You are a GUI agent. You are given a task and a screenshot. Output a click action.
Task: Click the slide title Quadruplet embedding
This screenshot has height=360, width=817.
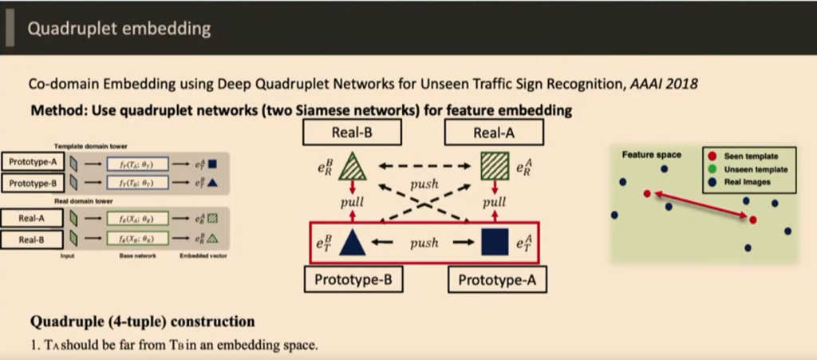click(119, 29)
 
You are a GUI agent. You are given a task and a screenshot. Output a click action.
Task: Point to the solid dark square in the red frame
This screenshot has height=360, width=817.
click(495, 242)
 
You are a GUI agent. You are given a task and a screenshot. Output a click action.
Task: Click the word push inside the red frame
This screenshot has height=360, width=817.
click(424, 243)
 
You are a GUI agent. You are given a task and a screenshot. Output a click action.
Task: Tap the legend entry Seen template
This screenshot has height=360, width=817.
click(749, 156)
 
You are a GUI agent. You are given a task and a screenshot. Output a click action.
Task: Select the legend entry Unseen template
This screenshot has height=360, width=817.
click(753, 169)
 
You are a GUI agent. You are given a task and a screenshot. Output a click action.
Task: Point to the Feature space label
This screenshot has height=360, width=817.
click(651, 154)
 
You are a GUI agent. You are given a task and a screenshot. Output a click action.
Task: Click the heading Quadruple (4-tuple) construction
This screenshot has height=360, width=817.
click(142, 322)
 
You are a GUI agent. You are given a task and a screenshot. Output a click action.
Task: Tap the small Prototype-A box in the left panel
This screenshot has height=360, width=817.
click(32, 162)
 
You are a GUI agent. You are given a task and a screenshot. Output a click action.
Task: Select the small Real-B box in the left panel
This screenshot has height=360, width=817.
click(32, 239)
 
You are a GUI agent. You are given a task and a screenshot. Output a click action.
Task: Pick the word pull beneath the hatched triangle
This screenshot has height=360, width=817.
click(352, 203)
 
